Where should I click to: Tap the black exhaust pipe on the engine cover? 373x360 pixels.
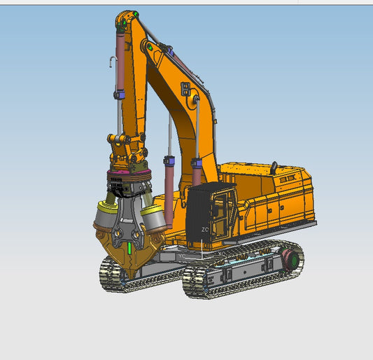(x=274, y=167)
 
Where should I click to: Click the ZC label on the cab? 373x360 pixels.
(x=205, y=229)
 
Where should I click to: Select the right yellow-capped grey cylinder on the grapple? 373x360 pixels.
(x=155, y=217)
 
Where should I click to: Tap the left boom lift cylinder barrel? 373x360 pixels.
(x=169, y=196)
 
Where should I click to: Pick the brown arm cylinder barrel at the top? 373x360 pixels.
(x=120, y=63)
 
